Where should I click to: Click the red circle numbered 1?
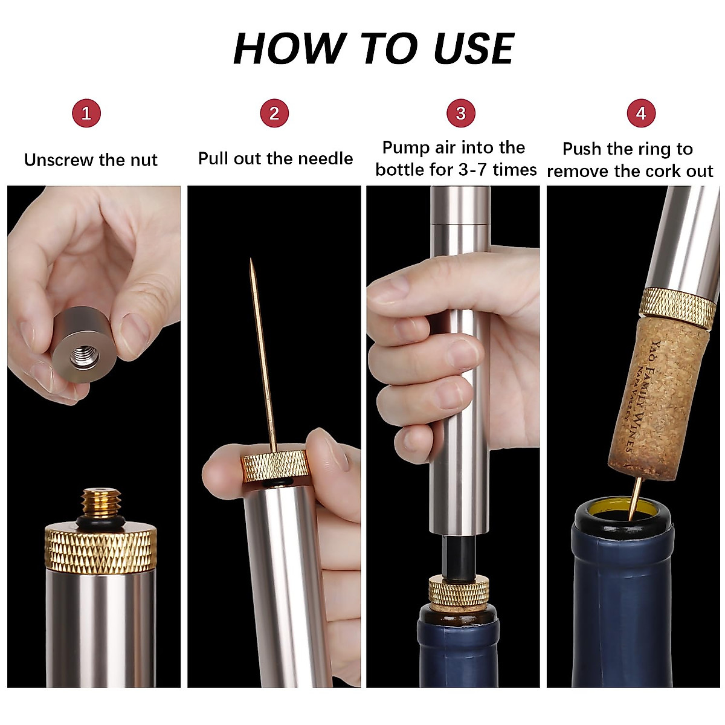86,114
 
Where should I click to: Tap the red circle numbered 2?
274,114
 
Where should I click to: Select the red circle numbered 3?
461,114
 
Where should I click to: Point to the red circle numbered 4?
641,114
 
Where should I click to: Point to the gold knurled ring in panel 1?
101,548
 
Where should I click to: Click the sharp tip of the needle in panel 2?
251,262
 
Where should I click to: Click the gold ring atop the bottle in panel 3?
459,591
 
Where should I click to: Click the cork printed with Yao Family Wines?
659,399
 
